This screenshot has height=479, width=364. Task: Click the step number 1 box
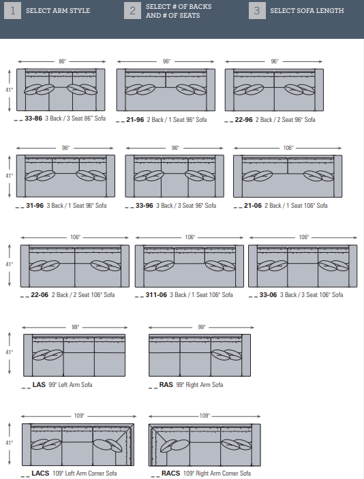coord(12,11)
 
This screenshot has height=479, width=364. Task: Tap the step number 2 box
coord(132,11)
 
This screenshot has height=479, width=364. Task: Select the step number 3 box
coord(257,11)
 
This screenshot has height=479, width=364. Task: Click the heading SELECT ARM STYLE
coord(58,11)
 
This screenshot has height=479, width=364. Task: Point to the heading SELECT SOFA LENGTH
coord(307,11)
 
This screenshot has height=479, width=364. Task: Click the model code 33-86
coord(33,119)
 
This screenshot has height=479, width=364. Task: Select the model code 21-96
coord(135,120)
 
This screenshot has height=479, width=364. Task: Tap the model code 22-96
coord(243,120)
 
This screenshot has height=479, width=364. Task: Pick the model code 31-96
coord(35,206)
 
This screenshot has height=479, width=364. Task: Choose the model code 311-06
coord(156,295)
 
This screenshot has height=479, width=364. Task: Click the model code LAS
coord(39,384)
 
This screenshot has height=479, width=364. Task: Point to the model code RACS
coord(171,473)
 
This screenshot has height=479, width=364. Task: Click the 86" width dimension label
coord(62,61)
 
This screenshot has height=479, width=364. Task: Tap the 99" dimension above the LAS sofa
coord(75,327)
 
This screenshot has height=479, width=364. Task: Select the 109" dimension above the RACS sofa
coord(204,416)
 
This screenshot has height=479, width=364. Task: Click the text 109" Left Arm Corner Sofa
coord(85,473)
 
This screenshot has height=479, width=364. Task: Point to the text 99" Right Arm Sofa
coord(200,384)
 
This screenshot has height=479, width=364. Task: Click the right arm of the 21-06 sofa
coord(337,176)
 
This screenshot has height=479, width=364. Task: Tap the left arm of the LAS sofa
coord(28,355)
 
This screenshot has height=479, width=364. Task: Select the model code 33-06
coord(268,295)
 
